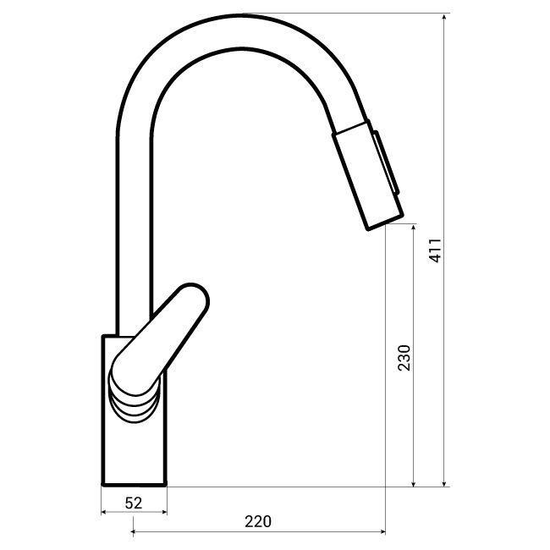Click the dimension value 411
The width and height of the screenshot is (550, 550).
tap(434, 250)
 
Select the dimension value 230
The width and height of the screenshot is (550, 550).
tap(404, 358)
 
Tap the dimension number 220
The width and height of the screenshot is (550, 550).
tap(257, 522)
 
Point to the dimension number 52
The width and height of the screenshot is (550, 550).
tap(133, 502)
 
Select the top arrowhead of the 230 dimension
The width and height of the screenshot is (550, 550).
tap(414, 228)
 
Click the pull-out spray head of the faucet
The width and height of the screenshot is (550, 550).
tap(366, 176)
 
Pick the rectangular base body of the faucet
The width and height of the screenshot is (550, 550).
tap(135, 448)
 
